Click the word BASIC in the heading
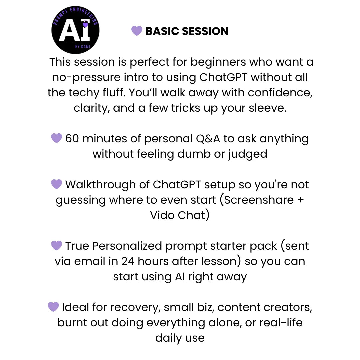click(161, 31)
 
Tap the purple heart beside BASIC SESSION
click(137, 31)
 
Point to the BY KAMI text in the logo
click(82, 46)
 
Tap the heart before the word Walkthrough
click(57, 184)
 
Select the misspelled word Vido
click(162, 215)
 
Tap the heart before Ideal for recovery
click(53, 307)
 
